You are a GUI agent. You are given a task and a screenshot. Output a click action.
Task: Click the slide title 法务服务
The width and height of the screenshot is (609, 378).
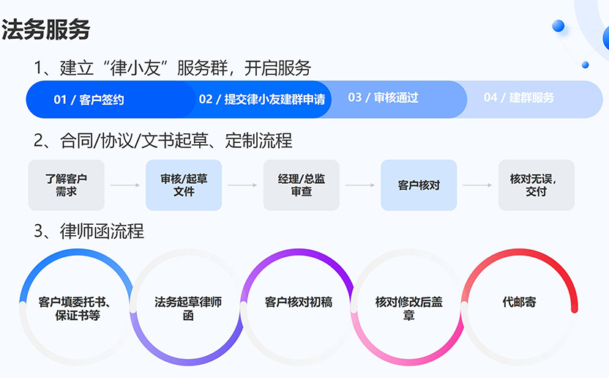(x=46, y=29)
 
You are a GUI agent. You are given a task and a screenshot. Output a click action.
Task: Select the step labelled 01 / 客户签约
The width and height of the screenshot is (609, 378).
(x=89, y=100)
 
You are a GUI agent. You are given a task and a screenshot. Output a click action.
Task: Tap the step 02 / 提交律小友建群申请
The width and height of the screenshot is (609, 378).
(x=262, y=100)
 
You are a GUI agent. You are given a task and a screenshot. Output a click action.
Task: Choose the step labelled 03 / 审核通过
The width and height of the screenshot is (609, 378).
(x=383, y=97)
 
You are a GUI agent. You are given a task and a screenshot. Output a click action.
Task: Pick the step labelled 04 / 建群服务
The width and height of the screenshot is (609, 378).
(x=519, y=97)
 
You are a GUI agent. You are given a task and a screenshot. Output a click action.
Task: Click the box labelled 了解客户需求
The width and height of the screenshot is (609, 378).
(x=67, y=185)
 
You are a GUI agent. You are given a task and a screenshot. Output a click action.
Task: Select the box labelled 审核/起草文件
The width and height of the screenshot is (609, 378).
(x=184, y=185)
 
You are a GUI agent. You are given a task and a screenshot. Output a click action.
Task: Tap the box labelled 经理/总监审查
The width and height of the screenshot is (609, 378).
(x=302, y=185)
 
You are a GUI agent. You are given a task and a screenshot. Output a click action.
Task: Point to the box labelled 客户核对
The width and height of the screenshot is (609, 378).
(x=419, y=185)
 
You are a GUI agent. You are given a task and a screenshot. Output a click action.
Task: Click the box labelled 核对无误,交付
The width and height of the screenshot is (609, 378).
(x=537, y=185)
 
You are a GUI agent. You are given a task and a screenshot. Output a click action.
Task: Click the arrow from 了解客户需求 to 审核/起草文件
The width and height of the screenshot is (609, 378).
(x=125, y=185)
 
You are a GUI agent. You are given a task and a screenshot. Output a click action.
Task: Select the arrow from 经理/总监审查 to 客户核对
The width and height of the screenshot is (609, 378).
(x=360, y=185)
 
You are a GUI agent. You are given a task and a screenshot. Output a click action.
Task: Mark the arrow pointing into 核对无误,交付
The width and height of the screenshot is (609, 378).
(x=477, y=185)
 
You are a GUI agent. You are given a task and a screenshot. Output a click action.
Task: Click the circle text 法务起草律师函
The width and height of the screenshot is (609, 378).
(x=188, y=308)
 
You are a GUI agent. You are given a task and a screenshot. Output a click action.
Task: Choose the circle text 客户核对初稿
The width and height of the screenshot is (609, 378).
(x=299, y=302)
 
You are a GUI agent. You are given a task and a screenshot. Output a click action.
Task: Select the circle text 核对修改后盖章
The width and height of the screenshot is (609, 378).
(x=408, y=308)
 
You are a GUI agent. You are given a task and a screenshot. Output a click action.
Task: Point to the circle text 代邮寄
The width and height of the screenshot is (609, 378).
(x=519, y=302)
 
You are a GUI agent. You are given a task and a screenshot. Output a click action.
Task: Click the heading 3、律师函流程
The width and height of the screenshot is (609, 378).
(x=89, y=231)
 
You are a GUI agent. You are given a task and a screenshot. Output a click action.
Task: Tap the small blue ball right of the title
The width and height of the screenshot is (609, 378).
(x=558, y=26)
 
